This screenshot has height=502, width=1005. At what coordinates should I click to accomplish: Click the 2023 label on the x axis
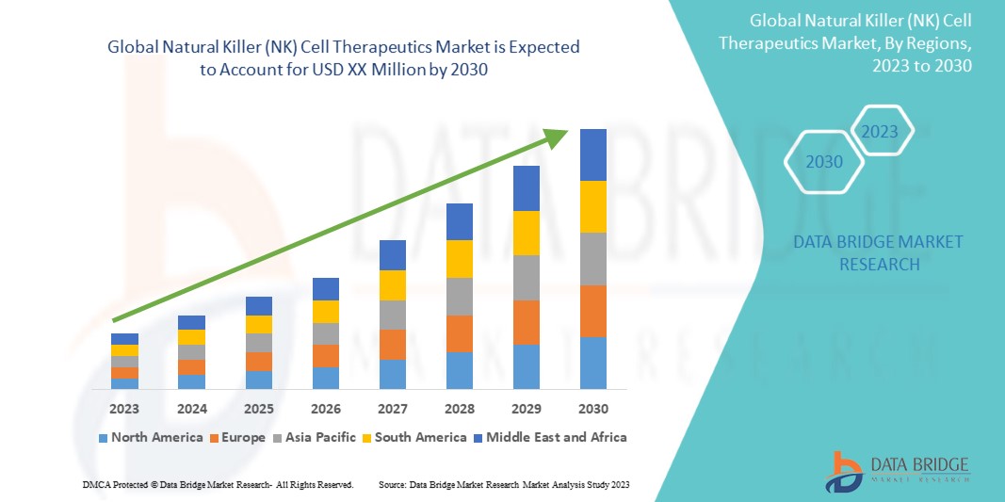124,409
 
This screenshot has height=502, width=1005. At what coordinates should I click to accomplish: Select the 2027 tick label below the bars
392,409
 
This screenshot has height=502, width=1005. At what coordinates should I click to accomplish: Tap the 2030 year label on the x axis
592,409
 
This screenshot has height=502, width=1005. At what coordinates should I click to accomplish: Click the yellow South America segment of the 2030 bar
592,206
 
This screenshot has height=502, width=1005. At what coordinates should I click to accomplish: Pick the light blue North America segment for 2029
526,366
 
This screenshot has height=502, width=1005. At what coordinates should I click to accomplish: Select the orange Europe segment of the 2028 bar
459,333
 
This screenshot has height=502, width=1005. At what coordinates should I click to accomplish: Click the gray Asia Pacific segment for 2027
392,315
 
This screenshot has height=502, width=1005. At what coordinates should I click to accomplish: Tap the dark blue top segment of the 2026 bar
325,288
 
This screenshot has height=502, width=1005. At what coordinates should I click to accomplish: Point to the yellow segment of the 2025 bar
258,324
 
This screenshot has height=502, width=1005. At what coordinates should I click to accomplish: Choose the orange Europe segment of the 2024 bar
191,366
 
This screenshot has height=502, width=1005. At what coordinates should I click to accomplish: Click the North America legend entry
150,437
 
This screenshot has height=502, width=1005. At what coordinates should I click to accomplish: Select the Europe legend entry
236,437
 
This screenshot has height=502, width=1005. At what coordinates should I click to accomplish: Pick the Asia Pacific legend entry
316,437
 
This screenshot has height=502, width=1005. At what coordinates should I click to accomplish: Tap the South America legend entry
414,437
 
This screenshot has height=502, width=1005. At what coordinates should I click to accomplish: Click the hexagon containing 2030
824,162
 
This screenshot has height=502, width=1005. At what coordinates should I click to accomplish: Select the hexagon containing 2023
880,131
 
